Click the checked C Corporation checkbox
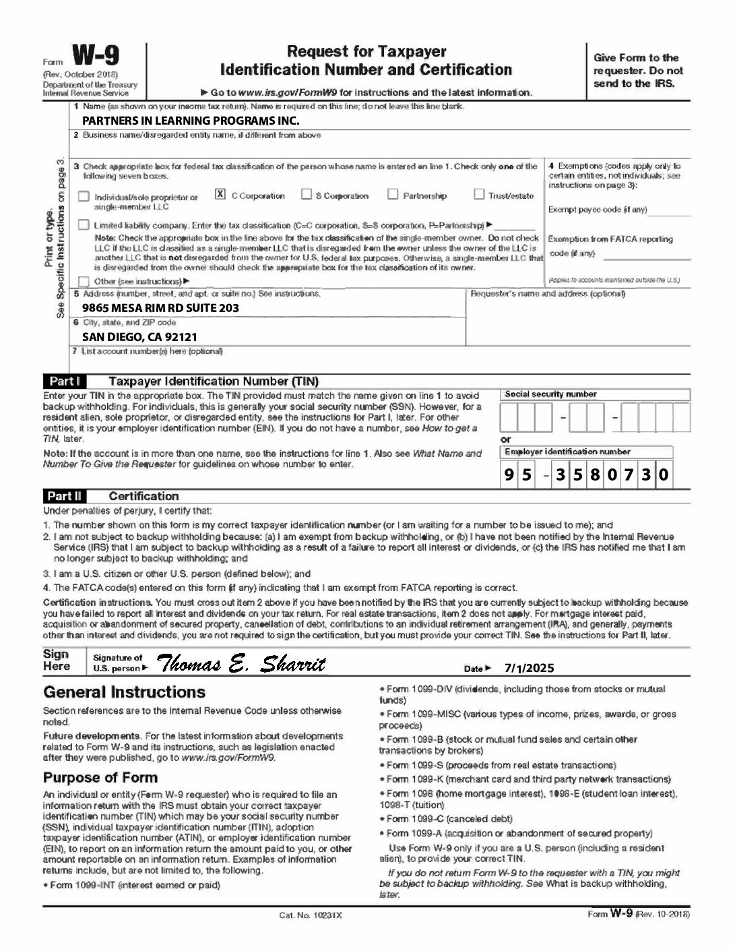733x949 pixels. point(220,194)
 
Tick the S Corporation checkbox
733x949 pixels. point(306,194)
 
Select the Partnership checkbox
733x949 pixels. point(393,194)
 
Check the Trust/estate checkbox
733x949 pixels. point(478,194)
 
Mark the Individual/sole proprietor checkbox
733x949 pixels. point(84,197)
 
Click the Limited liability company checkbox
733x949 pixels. point(84,224)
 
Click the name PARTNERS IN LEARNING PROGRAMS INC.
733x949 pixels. point(191,121)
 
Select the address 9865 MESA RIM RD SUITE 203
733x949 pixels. point(160,308)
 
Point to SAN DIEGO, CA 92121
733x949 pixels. point(139,337)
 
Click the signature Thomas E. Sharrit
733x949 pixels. point(241,665)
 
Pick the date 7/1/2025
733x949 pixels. point(529,668)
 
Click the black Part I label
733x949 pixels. point(65,381)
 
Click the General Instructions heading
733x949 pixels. point(124,692)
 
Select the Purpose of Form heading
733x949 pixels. point(100,777)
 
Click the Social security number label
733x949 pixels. point(550,394)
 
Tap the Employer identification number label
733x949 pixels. point(567,452)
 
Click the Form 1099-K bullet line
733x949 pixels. point(519,779)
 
